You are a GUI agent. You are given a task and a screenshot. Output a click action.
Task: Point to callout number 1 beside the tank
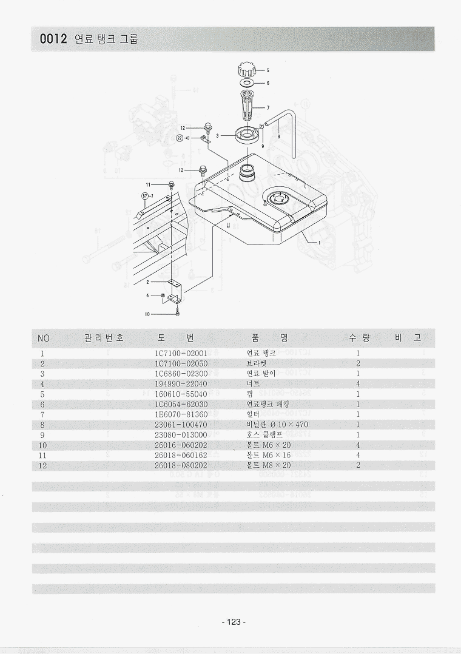point(319,242)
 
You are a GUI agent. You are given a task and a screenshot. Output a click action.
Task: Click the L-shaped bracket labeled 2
point(176,292)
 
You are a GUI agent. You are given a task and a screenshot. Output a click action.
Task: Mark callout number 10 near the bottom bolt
point(147,314)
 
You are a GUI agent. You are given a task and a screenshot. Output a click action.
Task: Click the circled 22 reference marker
point(180,138)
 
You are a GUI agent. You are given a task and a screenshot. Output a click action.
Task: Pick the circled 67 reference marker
point(145,195)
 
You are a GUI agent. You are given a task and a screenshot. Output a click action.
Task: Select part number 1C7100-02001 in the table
point(181,353)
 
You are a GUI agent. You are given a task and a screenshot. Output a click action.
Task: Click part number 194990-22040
point(181,384)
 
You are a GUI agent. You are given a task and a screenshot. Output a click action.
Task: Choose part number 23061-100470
point(181,425)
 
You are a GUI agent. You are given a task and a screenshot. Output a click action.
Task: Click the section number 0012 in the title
point(53,39)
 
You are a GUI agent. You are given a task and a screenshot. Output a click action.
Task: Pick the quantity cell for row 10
point(358,445)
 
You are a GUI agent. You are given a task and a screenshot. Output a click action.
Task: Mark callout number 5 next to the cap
point(268,70)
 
